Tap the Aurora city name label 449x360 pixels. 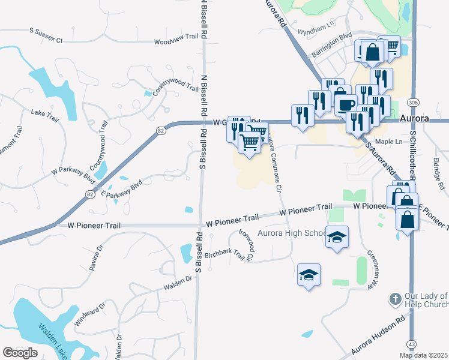click(x=415, y=119)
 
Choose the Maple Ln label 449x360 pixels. click(x=390, y=142)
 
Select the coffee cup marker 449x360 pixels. click(x=345, y=103)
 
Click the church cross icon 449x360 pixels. click(x=395, y=298)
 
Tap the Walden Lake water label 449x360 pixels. click(x=55, y=340)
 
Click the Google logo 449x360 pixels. click(x=20, y=352)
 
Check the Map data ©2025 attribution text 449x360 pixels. click(x=423, y=355)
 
